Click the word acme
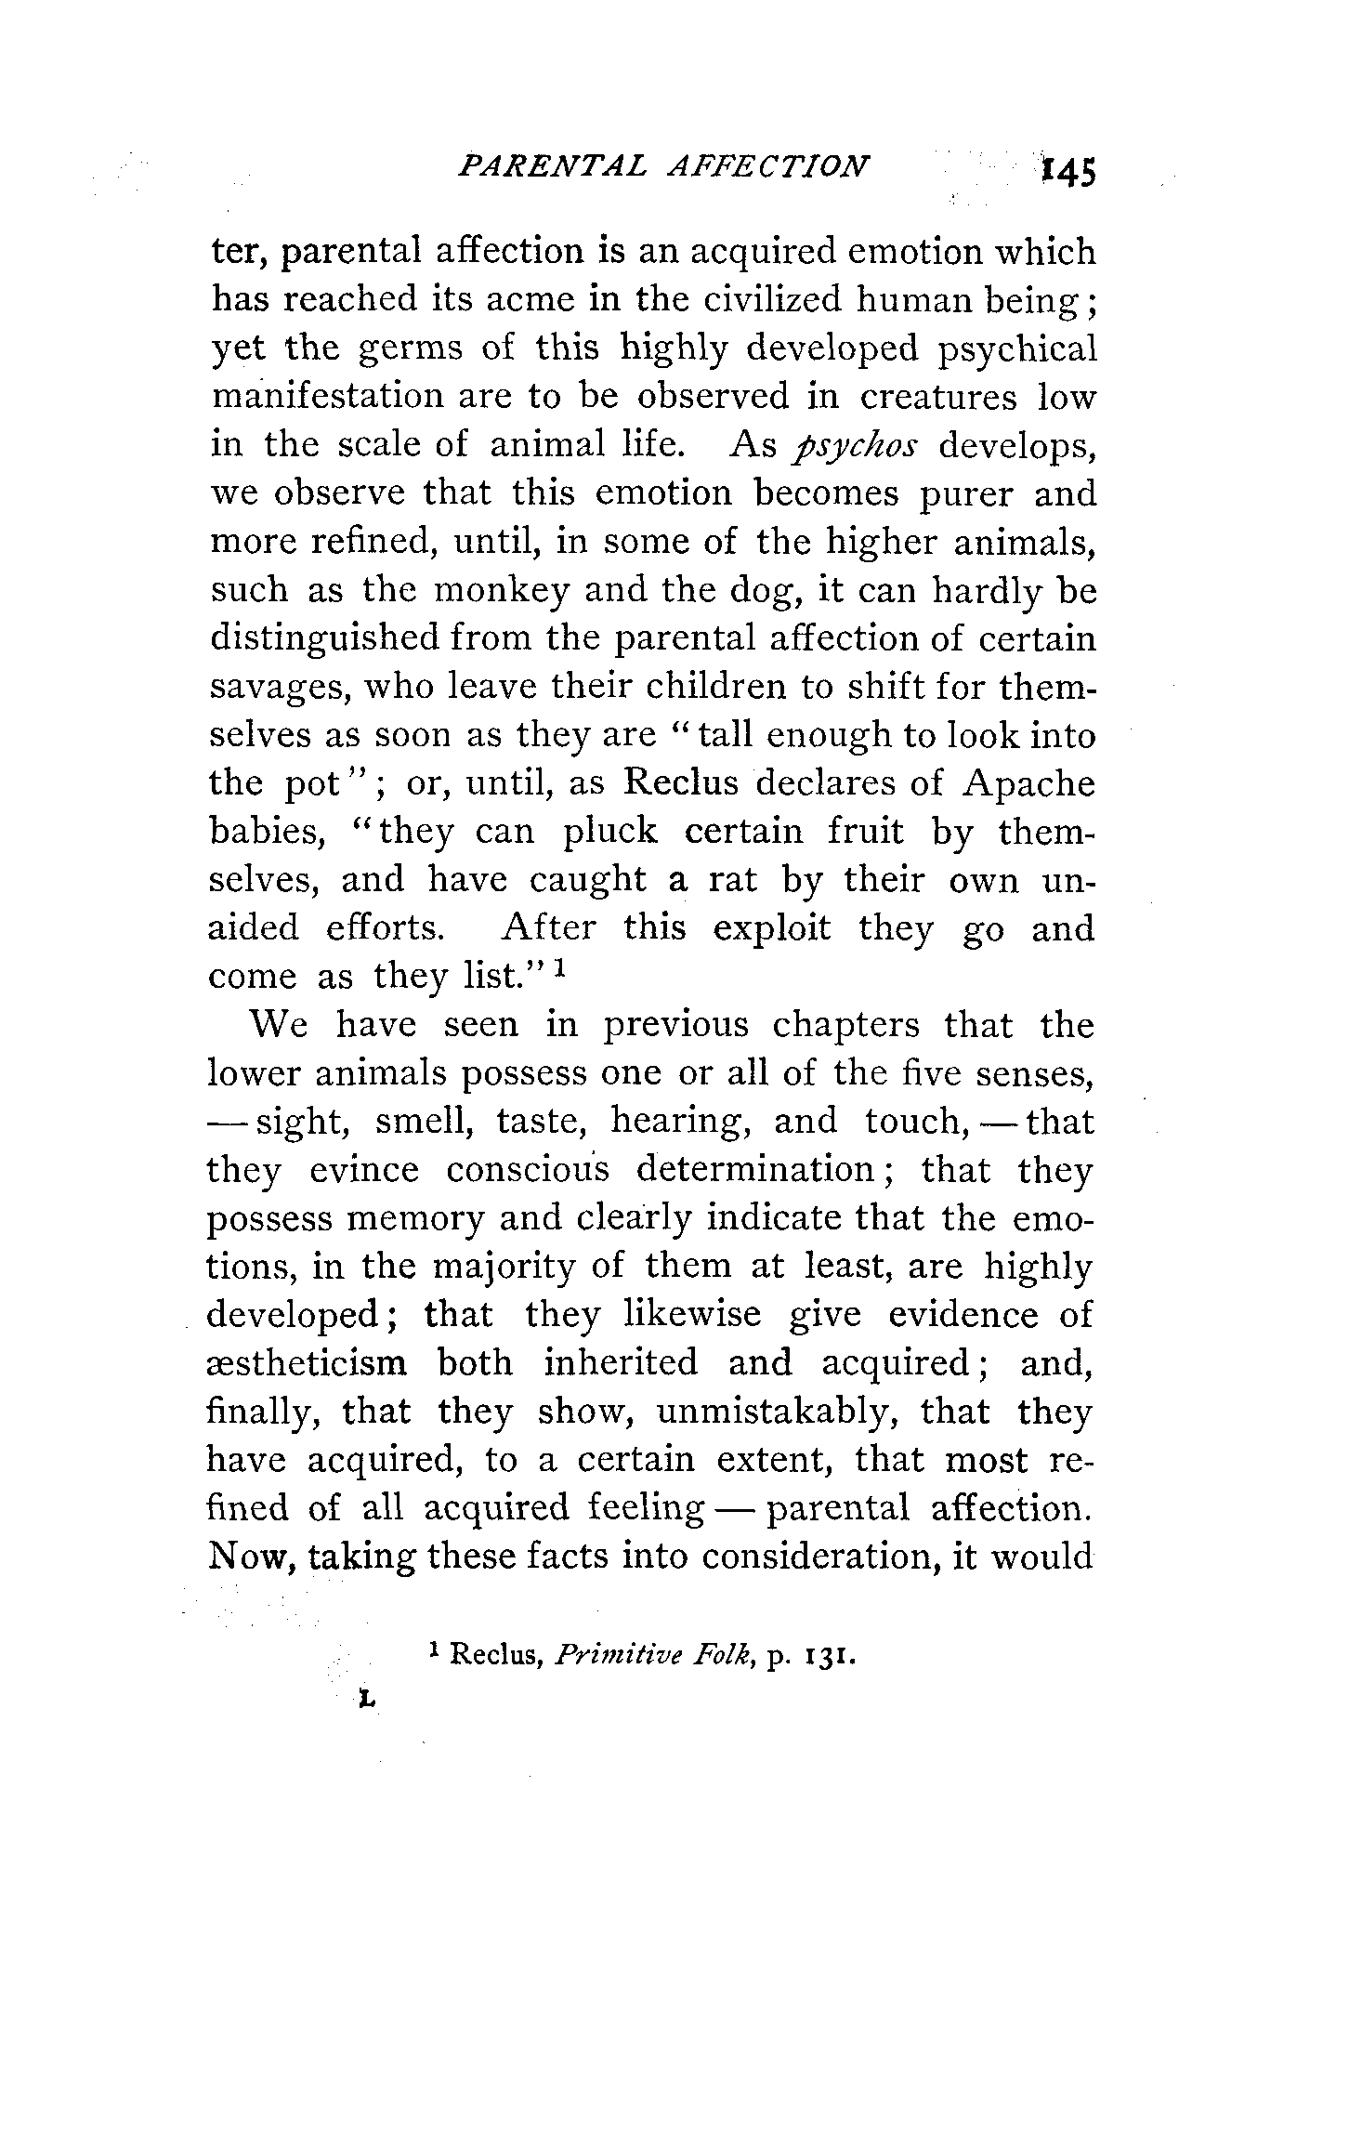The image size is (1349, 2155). click(x=535, y=299)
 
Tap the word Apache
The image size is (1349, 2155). click(x=1028, y=783)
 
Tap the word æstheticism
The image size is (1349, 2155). click(x=308, y=1363)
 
